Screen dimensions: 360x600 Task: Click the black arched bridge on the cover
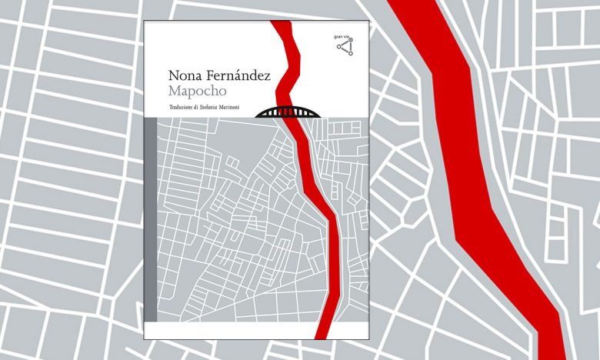pos(288,111)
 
